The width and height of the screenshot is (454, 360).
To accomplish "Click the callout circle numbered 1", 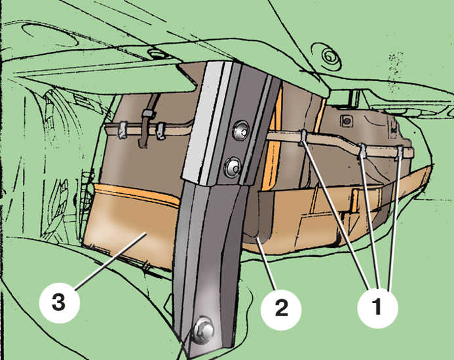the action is pyautogui.click(x=377, y=308).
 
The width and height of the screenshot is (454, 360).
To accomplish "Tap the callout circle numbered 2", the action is pyautogui.click(x=281, y=310).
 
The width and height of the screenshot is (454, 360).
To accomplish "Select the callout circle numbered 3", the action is pyautogui.click(x=60, y=303).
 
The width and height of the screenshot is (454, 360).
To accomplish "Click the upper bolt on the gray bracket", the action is pyautogui.click(x=241, y=131).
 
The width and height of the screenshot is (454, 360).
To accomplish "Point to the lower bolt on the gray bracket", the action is pyautogui.click(x=233, y=168).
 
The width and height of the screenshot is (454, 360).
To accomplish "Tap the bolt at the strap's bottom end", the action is pyautogui.click(x=204, y=330).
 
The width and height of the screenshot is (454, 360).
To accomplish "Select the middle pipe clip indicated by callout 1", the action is pyautogui.click(x=362, y=151).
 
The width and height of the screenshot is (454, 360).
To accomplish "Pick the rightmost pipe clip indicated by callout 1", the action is pyautogui.click(x=399, y=153).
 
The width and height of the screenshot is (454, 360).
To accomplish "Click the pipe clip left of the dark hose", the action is pyautogui.click(x=123, y=130).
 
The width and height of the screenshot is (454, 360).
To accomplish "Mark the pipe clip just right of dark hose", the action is pyautogui.click(x=160, y=131).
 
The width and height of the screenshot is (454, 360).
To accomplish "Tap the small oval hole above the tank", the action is pyautogui.click(x=155, y=54).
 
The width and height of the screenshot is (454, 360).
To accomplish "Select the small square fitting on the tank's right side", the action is pyautogui.click(x=347, y=120).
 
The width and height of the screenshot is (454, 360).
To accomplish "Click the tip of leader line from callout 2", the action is pyautogui.click(x=257, y=238).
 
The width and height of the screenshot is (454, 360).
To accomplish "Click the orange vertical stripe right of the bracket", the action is pyautogui.click(x=274, y=139).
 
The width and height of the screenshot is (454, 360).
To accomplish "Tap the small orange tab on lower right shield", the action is pyautogui.click(x=355, y=199).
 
